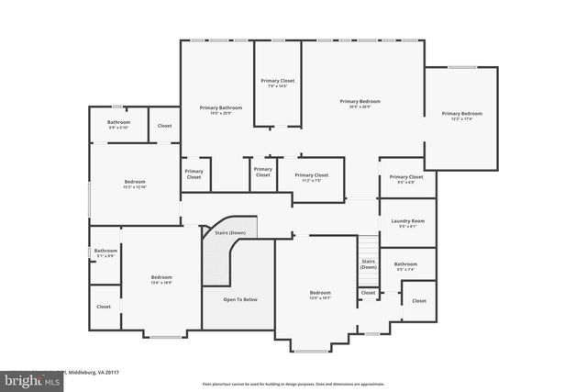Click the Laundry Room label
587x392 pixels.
(407, 221)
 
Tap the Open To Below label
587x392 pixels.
(240, 299)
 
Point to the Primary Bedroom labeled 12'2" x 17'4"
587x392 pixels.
(461, 119)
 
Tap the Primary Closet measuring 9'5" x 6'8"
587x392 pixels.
(405, 182)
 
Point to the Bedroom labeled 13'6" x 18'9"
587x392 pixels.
(161, 283)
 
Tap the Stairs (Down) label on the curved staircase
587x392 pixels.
(229, 233)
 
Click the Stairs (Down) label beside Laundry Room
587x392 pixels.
(368, 263)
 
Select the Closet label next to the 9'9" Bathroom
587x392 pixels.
(164, 125)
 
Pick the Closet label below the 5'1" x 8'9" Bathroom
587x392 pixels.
(104, 307)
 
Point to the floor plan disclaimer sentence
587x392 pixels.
(293, 383)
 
